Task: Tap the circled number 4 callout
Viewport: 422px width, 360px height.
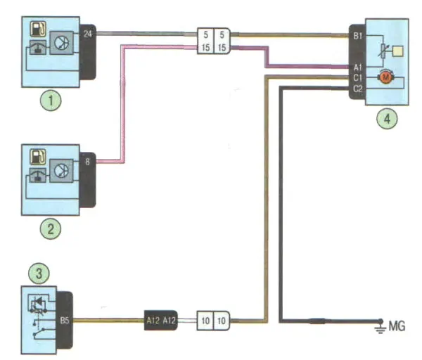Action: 386,118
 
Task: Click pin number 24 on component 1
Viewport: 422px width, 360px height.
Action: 87,33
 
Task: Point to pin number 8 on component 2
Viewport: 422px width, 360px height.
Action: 87,162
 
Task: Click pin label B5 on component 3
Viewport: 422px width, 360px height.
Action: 65,322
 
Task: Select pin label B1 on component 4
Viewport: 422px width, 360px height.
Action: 357,34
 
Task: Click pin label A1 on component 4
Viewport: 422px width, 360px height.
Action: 357,67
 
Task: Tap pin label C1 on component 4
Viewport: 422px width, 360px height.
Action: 357,77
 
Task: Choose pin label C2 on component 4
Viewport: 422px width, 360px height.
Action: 357,88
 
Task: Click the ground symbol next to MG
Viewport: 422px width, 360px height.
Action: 380,324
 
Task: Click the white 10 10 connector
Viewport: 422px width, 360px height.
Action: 214,321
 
